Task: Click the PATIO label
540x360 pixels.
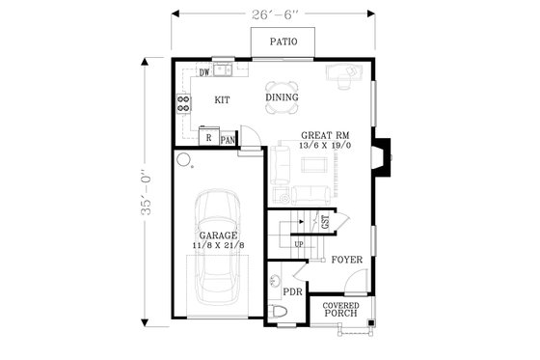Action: (x=282, y=42)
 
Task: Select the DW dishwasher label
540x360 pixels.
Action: (x=204, y=72)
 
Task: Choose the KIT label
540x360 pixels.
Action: (x=221, y=99)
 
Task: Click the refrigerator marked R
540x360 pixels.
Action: (x=208, y=137)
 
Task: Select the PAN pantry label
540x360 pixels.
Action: (x=228, y=140)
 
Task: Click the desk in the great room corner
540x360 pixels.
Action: (x=343, y=73)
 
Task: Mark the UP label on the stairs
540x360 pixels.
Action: (x=298, y=243)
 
